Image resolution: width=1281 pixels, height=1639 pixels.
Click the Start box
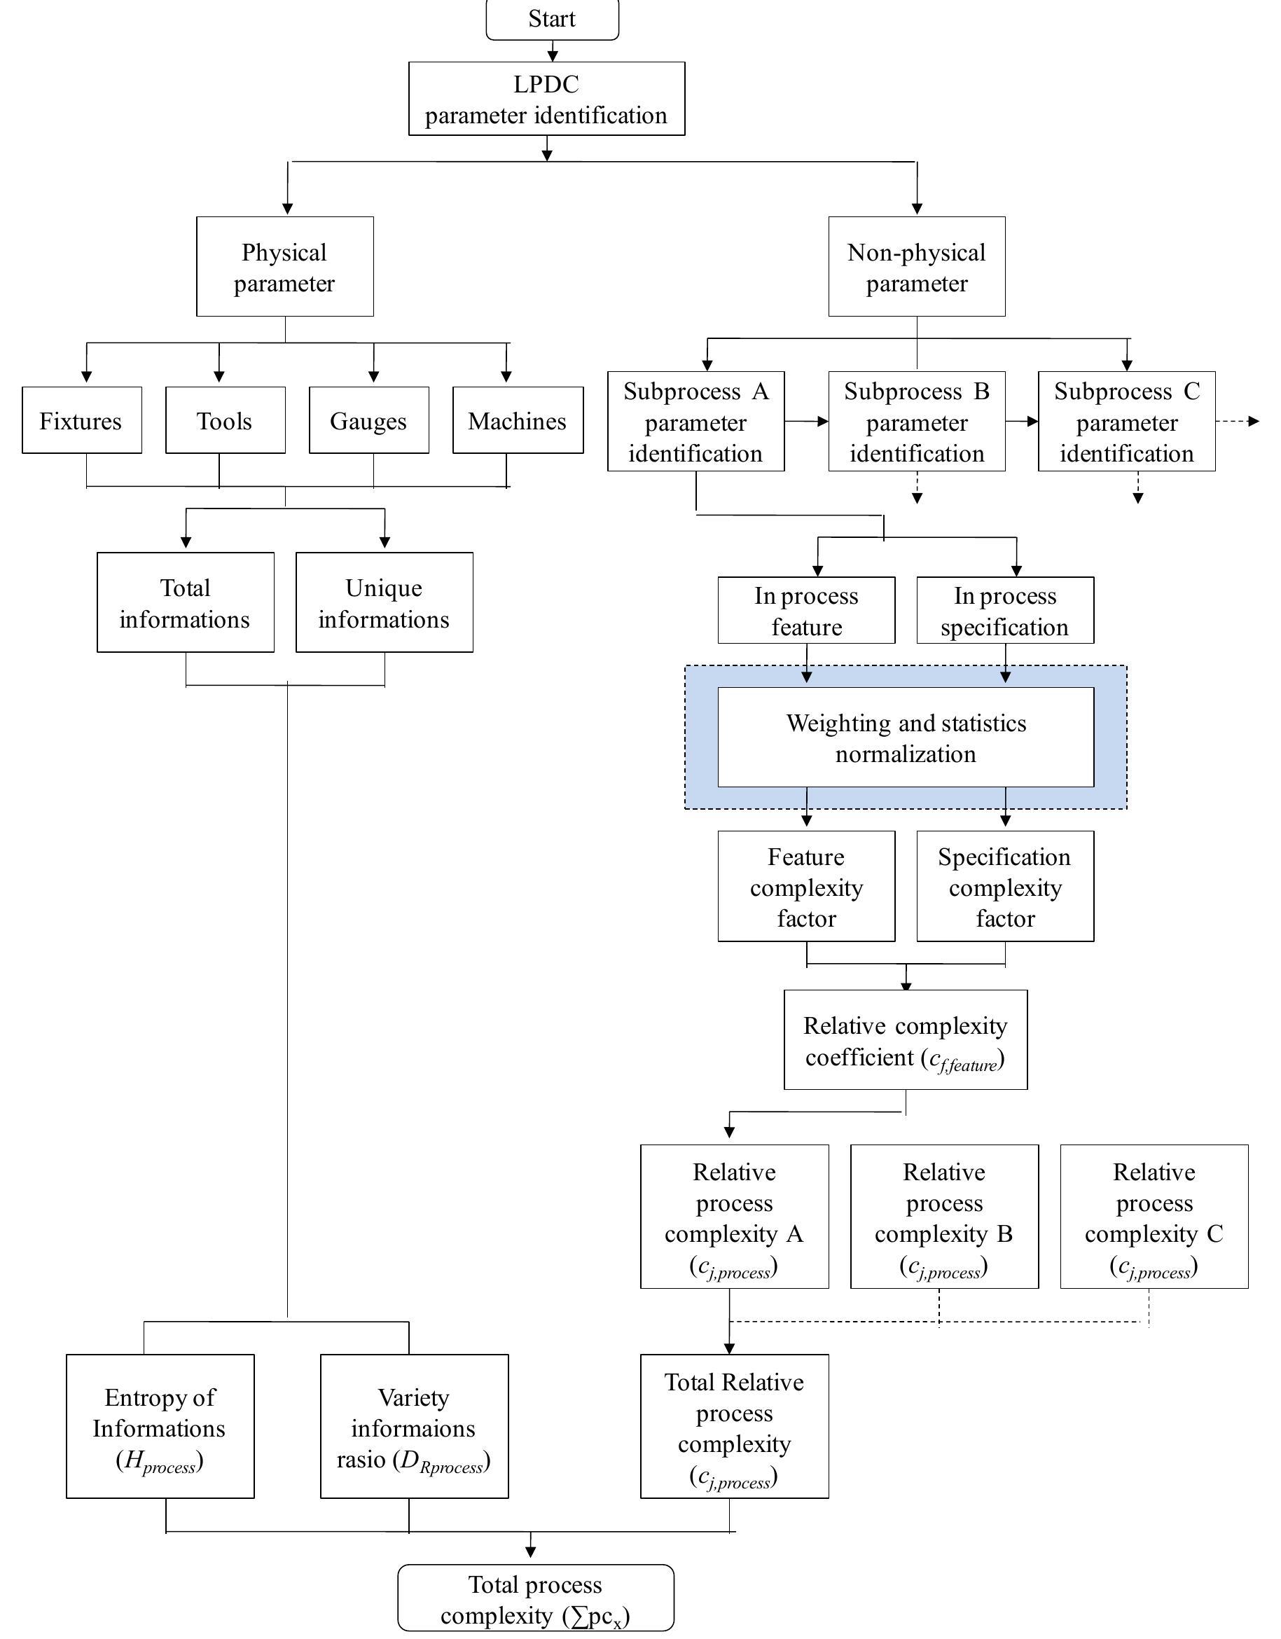(x=552, y=20)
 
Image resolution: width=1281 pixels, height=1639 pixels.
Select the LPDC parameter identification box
(x=546, y=99)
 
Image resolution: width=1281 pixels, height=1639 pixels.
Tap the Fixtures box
(x=81, y=420)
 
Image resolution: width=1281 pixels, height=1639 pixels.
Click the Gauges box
(x=368, y=420)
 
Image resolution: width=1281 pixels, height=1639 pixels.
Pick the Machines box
(x=517, y=420)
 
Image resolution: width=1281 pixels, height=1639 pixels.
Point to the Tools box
(x=224, y=420)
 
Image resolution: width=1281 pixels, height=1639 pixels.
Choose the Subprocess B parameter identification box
(x=916, y=422)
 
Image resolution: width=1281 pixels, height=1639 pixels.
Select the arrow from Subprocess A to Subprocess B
(x=806, y=421)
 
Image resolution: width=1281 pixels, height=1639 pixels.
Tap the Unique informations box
(x=384, y=602)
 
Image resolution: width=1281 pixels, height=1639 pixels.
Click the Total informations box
(x=185, y=602)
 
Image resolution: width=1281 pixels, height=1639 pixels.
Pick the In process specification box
(x=1004, y=610)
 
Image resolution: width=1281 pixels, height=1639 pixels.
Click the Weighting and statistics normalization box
(x=905, y=738)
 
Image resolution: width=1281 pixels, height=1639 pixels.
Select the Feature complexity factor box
(x=806, y=886)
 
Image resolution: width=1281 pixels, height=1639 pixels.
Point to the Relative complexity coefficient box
(x=905, y=1040)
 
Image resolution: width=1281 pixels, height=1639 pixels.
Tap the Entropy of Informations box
(x=159, y=1427)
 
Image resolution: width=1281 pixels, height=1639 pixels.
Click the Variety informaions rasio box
(x=413, y=1427)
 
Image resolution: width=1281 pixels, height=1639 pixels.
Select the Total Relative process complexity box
(x=734, y=1427)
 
